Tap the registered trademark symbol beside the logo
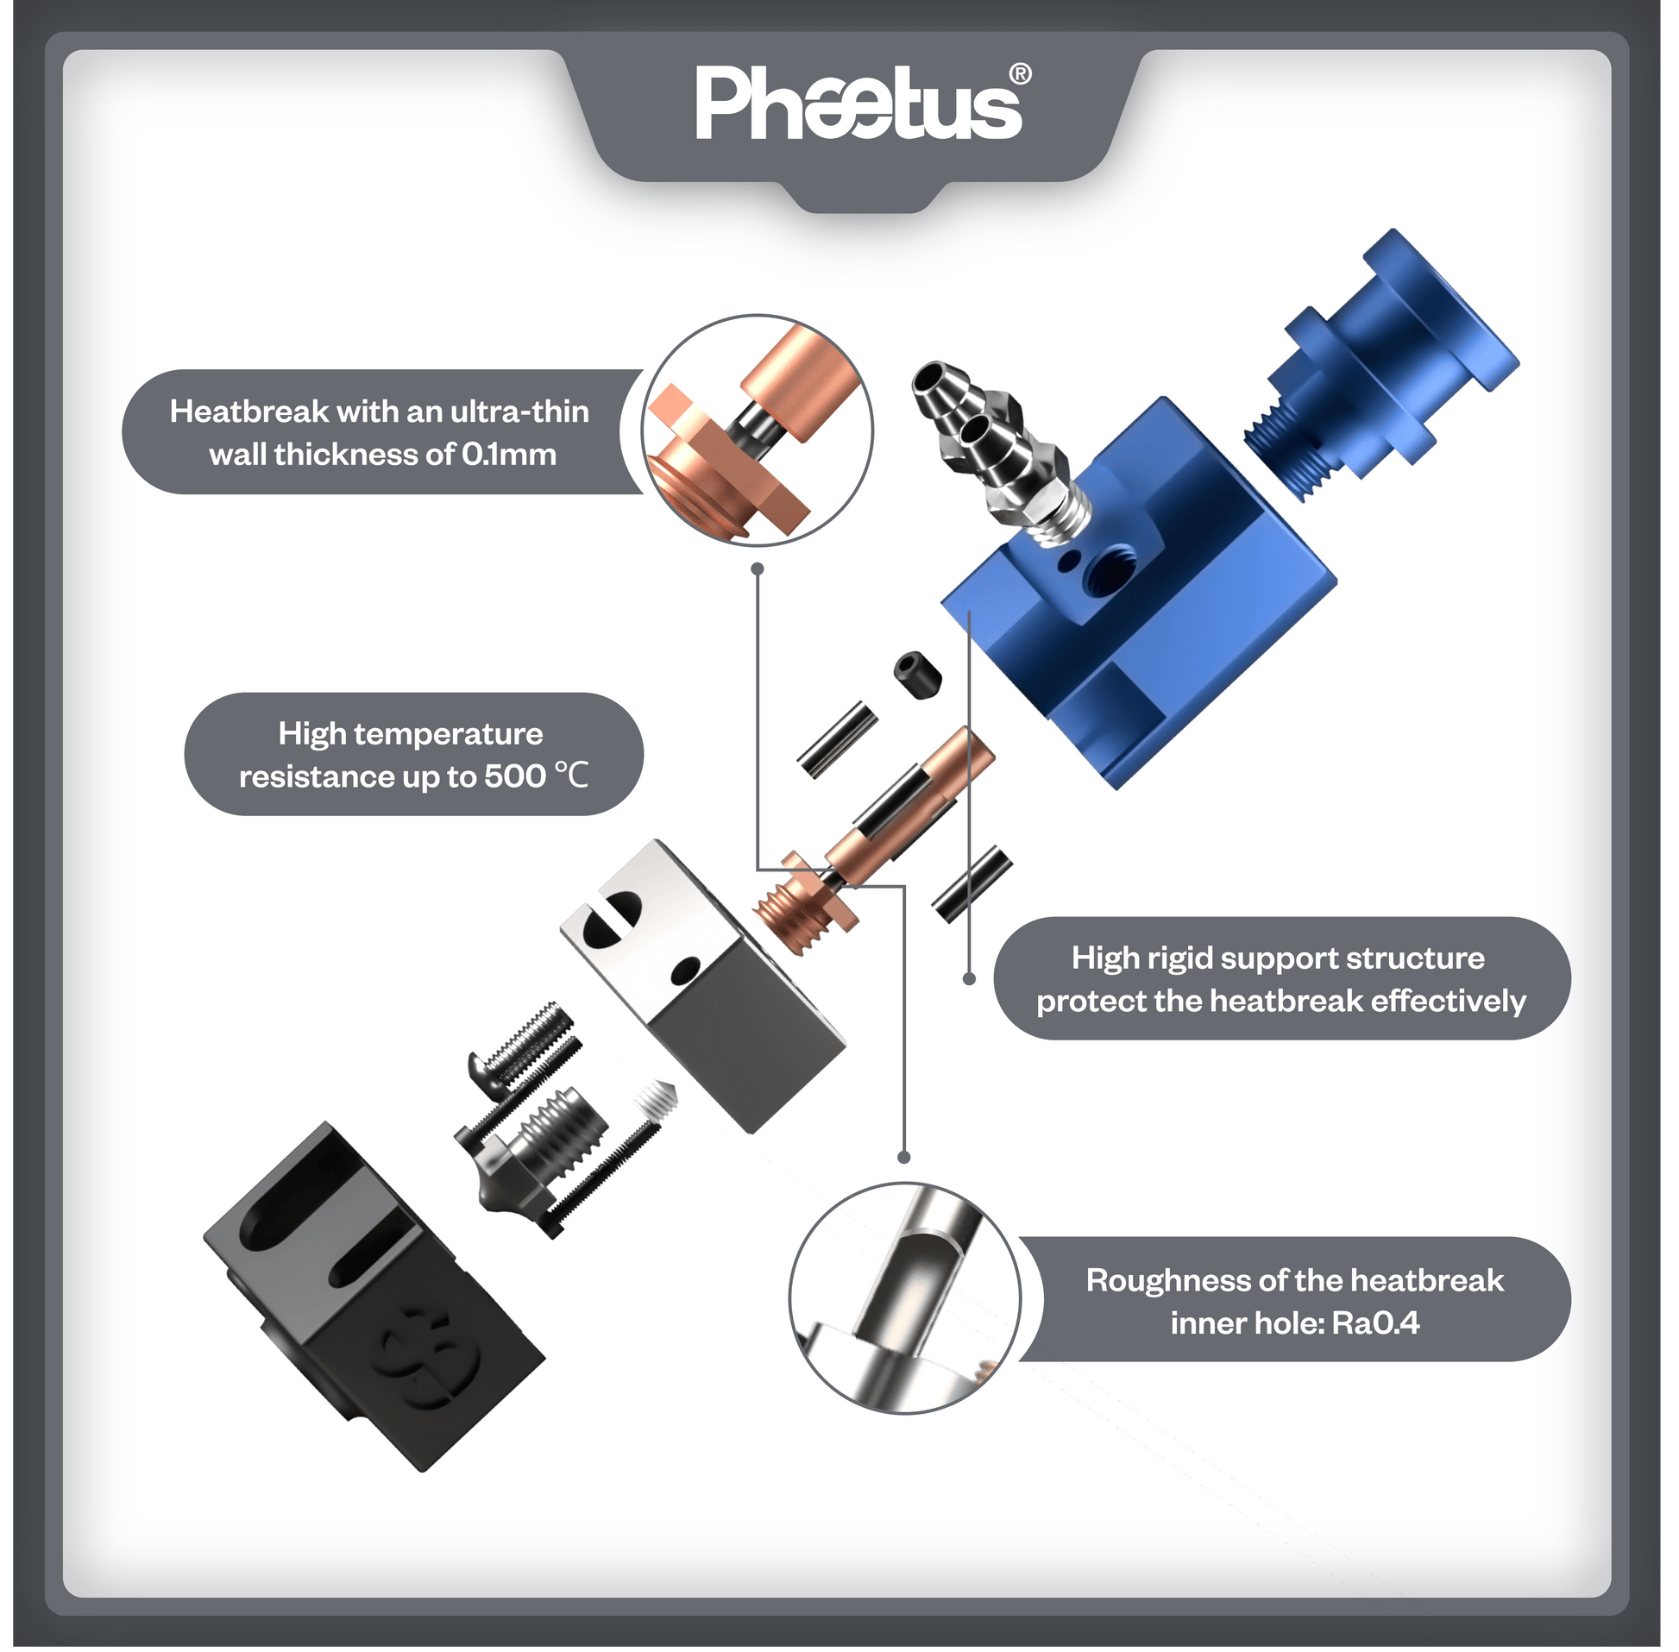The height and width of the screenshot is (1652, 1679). (1021, 74)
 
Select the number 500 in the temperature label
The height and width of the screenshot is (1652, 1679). (514, 776)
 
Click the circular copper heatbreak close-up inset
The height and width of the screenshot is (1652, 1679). (758, 430)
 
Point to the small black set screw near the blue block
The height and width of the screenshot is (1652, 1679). (916, 673)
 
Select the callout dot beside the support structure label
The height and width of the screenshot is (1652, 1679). (970, 979)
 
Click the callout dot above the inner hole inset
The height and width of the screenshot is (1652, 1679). (904, 1158)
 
